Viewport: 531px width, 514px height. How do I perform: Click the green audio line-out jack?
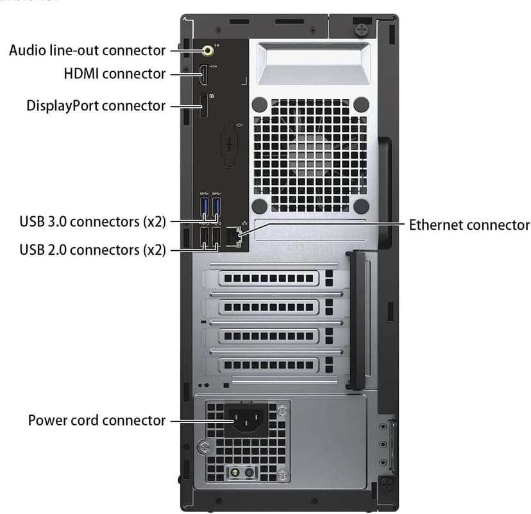[208, 49]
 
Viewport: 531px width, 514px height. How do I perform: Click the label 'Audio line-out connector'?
[87, 50]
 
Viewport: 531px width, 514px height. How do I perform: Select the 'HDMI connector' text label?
[115, 74]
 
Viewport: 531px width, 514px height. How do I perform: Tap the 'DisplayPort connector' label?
[96, 105]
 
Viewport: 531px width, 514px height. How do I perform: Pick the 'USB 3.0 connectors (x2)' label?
[92, 222]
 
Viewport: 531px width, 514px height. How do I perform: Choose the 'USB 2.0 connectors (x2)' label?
[92, 250]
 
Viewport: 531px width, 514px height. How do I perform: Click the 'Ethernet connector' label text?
[469, 225]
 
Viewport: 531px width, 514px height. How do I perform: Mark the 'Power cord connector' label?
[97, 421]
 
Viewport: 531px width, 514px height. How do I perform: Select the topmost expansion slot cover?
[269, 278]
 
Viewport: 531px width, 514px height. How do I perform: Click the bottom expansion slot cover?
[269, 364]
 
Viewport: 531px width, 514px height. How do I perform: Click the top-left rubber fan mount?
[259, 104]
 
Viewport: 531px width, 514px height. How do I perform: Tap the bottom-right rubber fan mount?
[360, 205]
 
